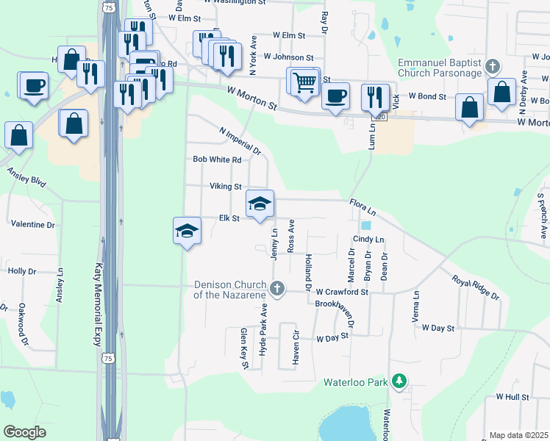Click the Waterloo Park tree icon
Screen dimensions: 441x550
click(399, 381)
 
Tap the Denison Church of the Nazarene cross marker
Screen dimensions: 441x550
click(277, 289)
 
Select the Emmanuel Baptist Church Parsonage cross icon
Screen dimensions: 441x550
click(493, 66)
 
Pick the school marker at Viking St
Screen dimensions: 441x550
click(260, 204)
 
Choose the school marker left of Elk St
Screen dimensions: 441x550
click(187, 232)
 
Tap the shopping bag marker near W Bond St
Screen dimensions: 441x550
click(502, 92)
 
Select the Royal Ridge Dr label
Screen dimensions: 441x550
click(475, 287)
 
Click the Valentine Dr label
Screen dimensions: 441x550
click(33, 222)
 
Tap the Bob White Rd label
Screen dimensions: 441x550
click(217, 159)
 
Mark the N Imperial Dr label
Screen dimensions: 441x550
click(240, 141)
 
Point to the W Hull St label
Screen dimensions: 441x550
click(512, 396)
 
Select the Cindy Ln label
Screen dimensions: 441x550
click(368, 240)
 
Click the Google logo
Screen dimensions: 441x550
click(25, 431)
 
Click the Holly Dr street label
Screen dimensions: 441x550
click(22, 270)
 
